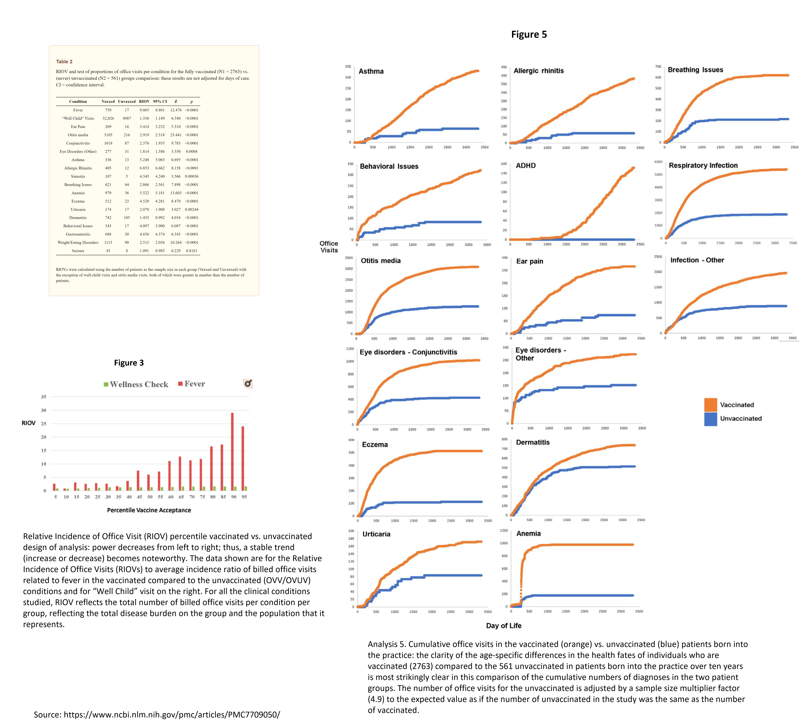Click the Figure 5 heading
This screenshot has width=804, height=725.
[x=529, y=35]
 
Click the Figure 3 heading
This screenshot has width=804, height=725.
[x=129, y=362]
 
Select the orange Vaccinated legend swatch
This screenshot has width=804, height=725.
[x=710, y=405]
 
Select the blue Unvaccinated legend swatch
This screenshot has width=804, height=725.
[x=710, y=419]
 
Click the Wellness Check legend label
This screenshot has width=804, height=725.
[x=139, y=384]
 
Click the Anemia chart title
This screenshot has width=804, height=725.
[x=528, y=533]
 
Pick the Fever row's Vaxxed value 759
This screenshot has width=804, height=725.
[x=108, y=110]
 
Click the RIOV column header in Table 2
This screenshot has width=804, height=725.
[x=144, y=102]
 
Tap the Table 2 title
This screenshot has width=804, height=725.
[x=64, y=62]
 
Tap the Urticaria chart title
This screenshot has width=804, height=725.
[x=376, y=534]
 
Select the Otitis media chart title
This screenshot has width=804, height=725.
[x=380, y=260]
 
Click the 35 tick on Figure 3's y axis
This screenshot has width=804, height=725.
[x=43, y=397]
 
